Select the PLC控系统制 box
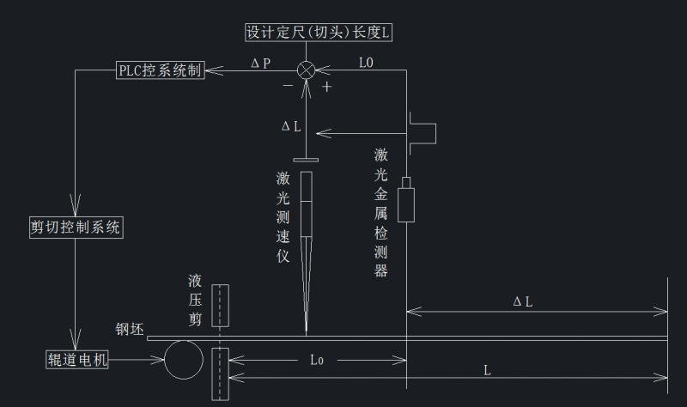[x=160, y=70]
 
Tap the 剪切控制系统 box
[x=76, y=228]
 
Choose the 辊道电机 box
[x=76, y=360]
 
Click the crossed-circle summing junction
[x=307, y=70]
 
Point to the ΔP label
[x=260, y=64]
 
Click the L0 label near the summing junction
[x=366, y=63]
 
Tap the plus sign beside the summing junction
[x=327, y=87]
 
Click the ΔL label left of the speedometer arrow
[x=291, y=125]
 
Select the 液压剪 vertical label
[x=196, y=300]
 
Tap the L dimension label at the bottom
[x=487, y=370]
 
